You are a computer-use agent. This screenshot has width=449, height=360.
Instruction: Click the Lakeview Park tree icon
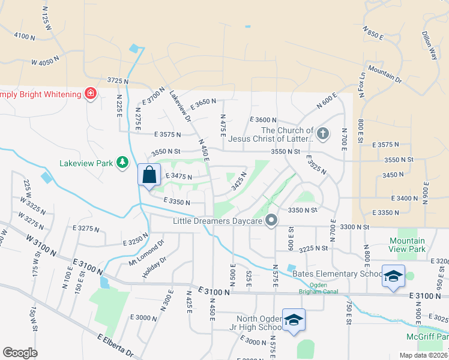click(122, 163)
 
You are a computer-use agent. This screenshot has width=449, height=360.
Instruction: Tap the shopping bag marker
click(148, 175)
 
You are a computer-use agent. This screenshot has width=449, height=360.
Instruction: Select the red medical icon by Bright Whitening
click(91, 94)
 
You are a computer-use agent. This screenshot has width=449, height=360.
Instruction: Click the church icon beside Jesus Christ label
click(323, 133)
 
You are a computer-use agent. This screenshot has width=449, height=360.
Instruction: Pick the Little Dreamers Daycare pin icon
click(271, 221)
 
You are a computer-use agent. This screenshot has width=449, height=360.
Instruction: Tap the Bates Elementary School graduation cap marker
click(393, 276)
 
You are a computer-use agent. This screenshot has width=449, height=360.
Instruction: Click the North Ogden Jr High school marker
click(294, 320)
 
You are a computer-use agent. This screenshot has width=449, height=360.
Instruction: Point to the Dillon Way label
click(430, 44)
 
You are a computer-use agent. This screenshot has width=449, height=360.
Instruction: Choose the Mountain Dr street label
click(385, 73)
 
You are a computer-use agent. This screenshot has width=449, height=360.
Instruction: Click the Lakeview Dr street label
click(180, 106)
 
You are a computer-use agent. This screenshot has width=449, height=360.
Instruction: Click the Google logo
click(20, 353)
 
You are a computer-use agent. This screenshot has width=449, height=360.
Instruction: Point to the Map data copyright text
click(423, 355)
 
